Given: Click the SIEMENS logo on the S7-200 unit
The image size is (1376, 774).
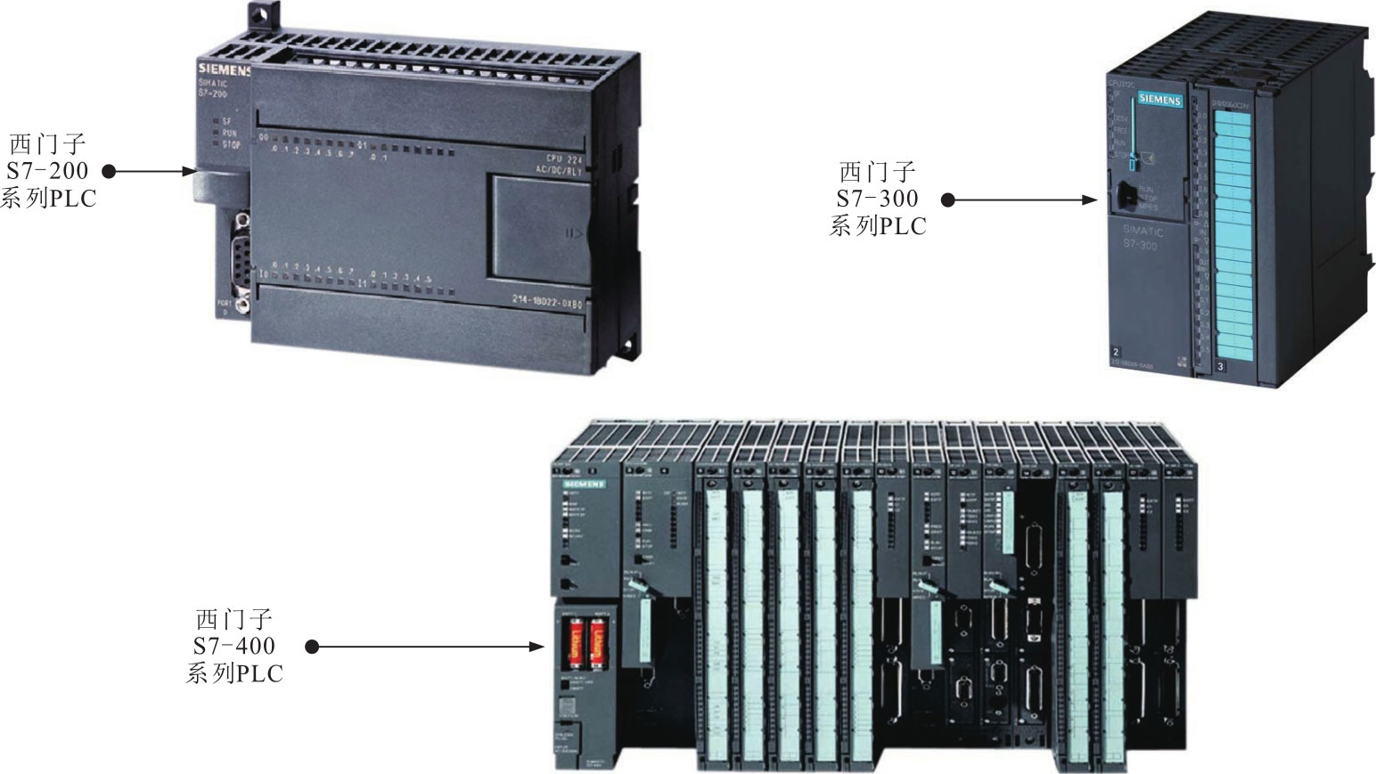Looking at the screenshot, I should pyautogui.click(x=224, y=69).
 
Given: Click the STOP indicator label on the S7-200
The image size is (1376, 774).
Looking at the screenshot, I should pyautogui.click(x=231, y=143).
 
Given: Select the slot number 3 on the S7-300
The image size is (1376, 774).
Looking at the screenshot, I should pyautogui.click(x=1220, y=365).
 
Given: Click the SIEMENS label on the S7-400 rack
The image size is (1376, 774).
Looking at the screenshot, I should pyautogui.click(x=583, y=484).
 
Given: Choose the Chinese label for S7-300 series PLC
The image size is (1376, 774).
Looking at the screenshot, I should pyautogui.click(x=878, y=199).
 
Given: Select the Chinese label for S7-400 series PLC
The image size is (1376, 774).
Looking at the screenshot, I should pyautogui.click(x=234, y=646).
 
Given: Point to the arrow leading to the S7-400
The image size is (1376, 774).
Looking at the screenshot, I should pyautogui.click(x=428, y=647).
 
